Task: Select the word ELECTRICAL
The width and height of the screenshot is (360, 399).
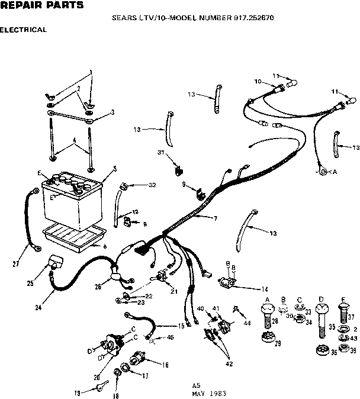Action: coord(24,29)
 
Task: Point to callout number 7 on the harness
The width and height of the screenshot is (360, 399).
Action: coord(216,219)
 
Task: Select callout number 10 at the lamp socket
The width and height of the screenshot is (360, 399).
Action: coord(258,81)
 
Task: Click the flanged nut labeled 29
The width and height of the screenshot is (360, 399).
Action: coord(267,339)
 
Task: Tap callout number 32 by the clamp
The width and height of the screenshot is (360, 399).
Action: coord(152,185)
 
